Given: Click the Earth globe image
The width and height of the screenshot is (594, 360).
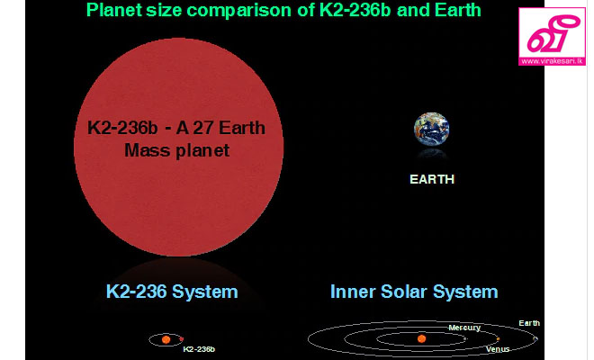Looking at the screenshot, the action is pyautogui.click(x=431, y=130).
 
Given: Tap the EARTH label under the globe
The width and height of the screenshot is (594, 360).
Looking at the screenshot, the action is pyautogui.click(x=432, y=179).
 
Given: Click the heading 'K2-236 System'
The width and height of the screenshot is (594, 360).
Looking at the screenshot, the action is pyautogui.click(x=172, y=292).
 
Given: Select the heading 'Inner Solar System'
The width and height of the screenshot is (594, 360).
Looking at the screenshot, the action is pyautogui.click(x=414, y=292).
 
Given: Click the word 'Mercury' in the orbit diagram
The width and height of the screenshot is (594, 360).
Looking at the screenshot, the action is pyautogui.click(x=464, y=328).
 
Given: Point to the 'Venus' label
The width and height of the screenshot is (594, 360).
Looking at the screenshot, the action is pyautogui.click(x=498, y=349).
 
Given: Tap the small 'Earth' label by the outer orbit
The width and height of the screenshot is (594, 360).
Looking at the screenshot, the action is pyautogui.click(x=529, y=323).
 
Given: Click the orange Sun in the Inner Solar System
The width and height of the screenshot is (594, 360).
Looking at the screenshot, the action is pyautogui.click(x=421, y=338).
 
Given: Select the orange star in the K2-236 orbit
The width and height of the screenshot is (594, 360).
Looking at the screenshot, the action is pyautogui.click(x=166, y=339).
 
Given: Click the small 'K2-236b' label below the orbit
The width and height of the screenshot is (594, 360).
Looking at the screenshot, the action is pyautogui.click(x=199, y=349).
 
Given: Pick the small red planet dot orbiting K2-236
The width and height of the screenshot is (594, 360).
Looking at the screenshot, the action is pyautogui.click(x=182, y=338).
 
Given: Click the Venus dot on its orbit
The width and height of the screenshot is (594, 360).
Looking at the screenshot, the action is pyautogui.click(x=498, y=338).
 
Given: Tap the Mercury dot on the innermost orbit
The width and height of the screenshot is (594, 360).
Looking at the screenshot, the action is pyautogui.click(x=465, y=338).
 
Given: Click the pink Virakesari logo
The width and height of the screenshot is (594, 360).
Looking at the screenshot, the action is pyautogui.click(x=552, y=36).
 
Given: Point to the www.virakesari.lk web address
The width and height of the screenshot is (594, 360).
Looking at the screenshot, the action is pyautogui.click(x=552, y=61).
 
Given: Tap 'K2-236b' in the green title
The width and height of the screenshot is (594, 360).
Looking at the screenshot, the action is pyautogui.click(x=355, y=10).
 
